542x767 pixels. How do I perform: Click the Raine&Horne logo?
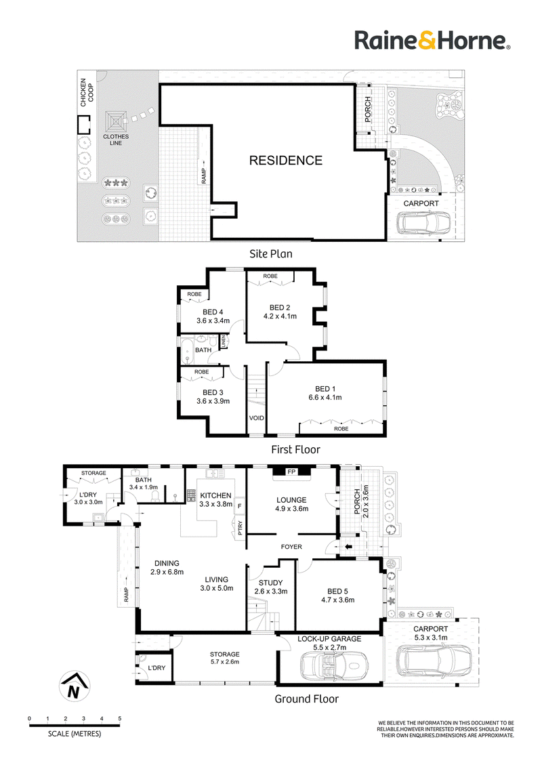432,40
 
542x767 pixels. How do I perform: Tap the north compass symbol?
74,686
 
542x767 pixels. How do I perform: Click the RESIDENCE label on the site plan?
286,161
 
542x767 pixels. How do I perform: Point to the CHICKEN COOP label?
87,92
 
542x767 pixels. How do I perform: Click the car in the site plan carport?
423,223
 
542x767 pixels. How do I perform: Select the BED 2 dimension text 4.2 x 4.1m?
280,316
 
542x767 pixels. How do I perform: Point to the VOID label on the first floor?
256,418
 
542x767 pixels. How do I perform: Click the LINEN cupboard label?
223,341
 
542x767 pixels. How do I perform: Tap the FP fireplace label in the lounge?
291,472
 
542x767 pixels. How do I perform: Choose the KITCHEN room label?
215,495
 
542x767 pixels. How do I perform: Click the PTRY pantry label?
241,528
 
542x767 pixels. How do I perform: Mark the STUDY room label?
270,583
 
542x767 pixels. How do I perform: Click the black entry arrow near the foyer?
349,546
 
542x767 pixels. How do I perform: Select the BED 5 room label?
337,592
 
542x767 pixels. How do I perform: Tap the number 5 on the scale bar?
120,719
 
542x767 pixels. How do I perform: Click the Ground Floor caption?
307,699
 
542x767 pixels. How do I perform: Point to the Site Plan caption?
271,254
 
